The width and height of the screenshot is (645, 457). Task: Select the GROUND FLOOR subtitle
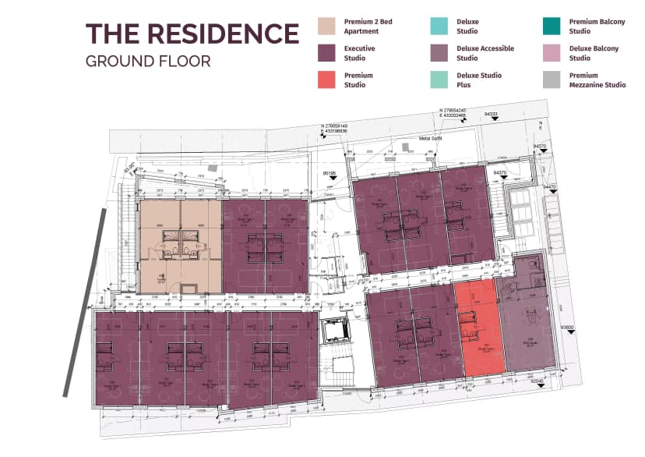(x=148, y=61)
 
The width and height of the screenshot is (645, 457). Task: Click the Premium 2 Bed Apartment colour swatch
(x=326, y=27)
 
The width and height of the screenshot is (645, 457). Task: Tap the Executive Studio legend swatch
(x=326, y=53)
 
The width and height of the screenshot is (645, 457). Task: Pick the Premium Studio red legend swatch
(x=326, y=80)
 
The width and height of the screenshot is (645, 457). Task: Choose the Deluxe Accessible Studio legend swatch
(x=439, y=53)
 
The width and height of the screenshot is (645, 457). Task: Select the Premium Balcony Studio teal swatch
(x=552, y=27)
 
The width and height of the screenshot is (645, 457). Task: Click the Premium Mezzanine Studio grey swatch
(x=552, y=80)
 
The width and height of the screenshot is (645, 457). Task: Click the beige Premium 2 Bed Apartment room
(x=180, y=246)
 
